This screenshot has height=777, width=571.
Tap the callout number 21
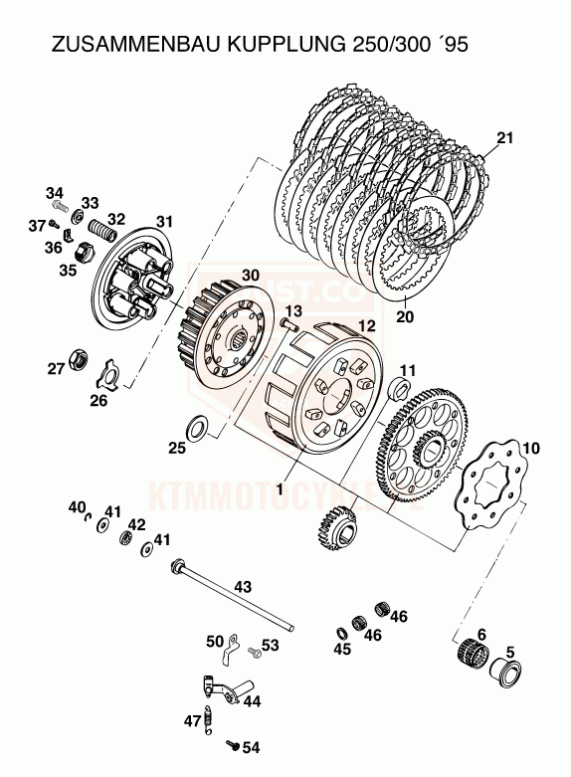point(505,138)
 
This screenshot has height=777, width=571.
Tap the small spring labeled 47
point(210,717)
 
